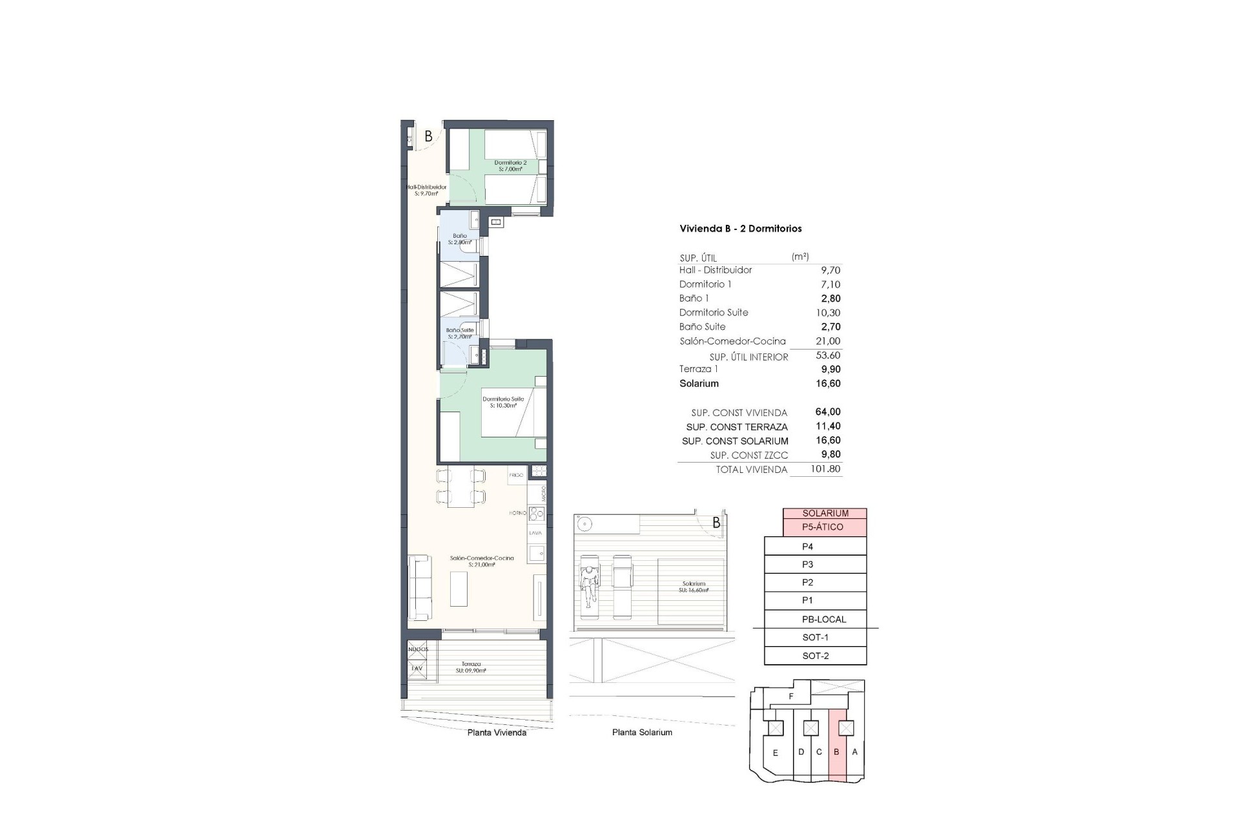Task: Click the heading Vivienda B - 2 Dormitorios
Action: [740, 229]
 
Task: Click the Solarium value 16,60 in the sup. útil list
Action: [828, 383]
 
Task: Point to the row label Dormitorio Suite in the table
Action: [713, 313]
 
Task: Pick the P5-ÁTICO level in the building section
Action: [824, 527]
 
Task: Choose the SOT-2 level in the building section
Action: [815, 656]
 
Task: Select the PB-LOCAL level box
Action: [815, 619]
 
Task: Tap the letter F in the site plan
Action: [791, 696]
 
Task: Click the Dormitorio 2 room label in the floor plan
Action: [510, 166]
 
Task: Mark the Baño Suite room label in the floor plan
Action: [460, 333]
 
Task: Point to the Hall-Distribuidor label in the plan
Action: [426, 190]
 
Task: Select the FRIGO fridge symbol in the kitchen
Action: [517, 475]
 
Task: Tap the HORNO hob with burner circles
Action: [537, 514]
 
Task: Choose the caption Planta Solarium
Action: [641, 732]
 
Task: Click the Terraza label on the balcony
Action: [470, 667]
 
